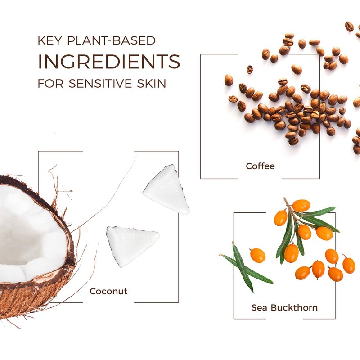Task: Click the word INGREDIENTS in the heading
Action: pos(109,61)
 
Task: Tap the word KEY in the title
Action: pos(50,40)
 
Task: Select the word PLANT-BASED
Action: pos(111,40)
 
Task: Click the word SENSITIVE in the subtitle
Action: pos(100,83)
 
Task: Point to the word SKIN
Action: pos(151,83)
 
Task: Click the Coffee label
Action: pos(260,166)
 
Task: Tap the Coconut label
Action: pos(108,291)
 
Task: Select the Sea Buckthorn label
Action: pos(284,307)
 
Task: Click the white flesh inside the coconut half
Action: pos(30,234)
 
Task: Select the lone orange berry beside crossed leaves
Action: pos(257,255)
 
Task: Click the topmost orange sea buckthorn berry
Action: pos(301,206)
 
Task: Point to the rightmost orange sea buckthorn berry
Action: pos(349,265)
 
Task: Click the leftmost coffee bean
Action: pos(229,80)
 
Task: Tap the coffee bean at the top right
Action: pos(349,27)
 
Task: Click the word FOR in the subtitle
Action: pos(50,83)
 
